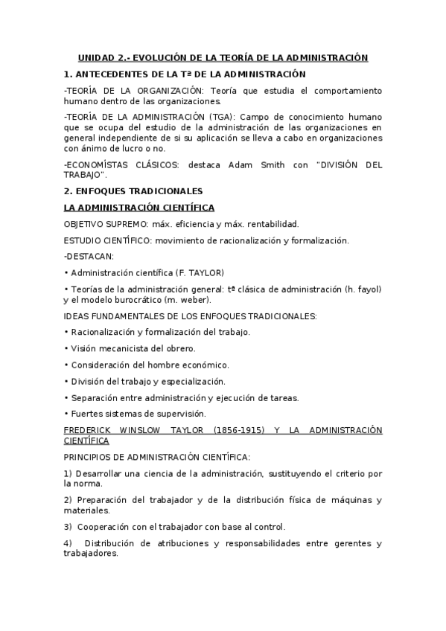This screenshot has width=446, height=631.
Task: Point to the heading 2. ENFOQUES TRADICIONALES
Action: coord(133,191)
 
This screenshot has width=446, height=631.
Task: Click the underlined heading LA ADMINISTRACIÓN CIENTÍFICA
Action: coord(140,207)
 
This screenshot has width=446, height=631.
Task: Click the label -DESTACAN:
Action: coord(88,256)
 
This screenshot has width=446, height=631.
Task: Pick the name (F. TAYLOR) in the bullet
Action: coord(198,272)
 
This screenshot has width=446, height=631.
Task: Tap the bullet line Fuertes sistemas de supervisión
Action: coord(138,414)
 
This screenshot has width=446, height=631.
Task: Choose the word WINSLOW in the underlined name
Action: coord(153,430)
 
